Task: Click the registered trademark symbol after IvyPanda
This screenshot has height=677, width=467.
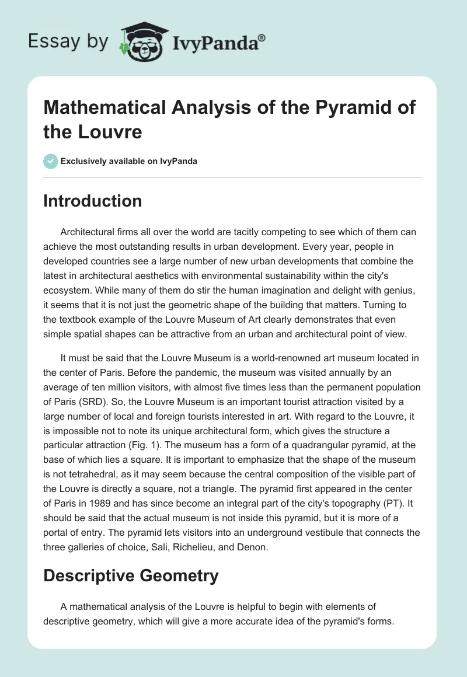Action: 262,38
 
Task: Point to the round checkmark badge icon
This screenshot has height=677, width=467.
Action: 50,161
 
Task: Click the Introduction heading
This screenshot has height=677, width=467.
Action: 92,201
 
